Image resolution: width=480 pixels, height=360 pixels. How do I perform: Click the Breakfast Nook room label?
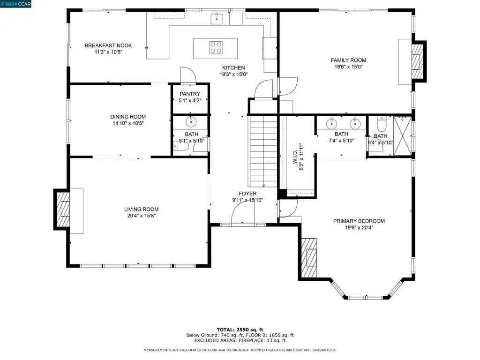108,45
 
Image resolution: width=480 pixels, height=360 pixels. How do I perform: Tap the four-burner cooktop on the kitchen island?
216,48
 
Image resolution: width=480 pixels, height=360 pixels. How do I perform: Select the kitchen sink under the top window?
217,18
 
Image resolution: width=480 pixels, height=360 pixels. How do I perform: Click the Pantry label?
190,94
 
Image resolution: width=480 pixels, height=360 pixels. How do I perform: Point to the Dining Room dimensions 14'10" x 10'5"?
128,123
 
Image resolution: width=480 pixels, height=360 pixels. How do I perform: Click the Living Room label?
142,209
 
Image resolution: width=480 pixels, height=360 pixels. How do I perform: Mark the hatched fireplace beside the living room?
64,209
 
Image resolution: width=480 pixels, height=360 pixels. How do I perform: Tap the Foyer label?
247,194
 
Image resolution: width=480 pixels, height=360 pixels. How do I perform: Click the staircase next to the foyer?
263,151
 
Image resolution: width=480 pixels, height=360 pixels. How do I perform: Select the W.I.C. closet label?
295,157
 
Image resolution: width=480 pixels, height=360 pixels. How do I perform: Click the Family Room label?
348,60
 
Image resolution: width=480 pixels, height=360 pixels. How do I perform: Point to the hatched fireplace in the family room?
418,61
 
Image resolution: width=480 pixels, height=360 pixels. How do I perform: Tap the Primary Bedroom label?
359,221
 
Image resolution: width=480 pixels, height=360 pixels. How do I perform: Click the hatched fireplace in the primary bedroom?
309,258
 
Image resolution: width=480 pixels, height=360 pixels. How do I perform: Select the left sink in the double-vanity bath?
331,124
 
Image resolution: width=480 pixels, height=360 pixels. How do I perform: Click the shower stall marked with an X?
402,136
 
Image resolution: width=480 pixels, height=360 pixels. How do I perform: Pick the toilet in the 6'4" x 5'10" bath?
382,124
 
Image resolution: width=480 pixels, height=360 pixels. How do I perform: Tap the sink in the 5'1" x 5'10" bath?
191,122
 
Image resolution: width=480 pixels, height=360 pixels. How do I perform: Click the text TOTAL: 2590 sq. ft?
240,330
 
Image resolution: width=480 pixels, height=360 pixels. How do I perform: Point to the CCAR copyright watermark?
15,4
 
